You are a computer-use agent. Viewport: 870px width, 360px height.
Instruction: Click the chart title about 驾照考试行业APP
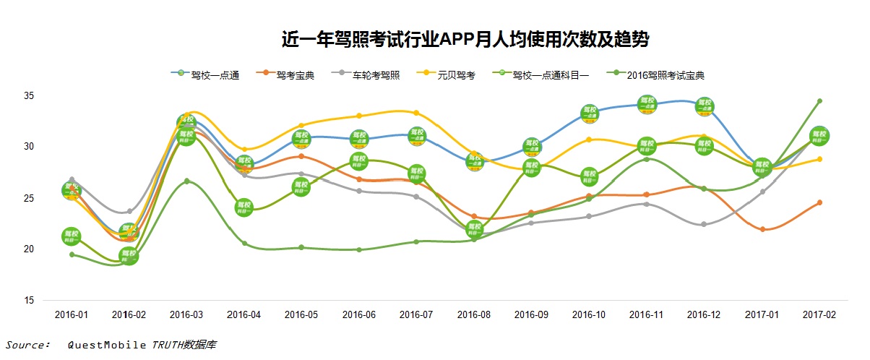(465, 40)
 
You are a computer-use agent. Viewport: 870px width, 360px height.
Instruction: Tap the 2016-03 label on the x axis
(186, 314)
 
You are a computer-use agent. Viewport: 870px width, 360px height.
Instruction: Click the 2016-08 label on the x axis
(474, 314)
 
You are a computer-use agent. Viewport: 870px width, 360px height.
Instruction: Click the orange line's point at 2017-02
(819, 202)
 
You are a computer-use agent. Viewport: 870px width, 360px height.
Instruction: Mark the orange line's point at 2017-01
(763, 229)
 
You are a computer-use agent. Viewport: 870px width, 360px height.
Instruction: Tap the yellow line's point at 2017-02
(819, 159)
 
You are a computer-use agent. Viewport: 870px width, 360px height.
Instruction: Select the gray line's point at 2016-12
(705, 224)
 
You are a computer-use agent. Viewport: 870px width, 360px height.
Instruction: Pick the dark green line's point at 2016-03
(186, 181)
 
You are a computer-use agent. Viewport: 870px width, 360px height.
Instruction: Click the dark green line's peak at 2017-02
(819, 101)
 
